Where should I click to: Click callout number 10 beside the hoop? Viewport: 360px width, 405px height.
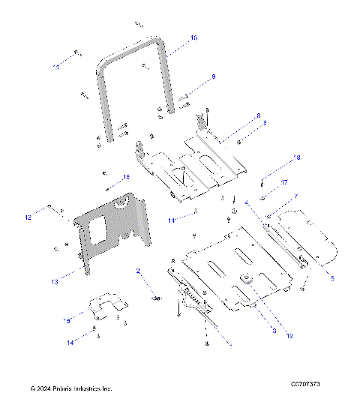point(193,37)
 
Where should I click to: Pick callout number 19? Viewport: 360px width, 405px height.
point(289,335)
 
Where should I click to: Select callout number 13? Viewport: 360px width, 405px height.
point(53,282)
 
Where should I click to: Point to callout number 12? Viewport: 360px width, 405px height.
point(28,217)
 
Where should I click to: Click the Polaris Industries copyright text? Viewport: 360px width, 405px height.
point(71,389)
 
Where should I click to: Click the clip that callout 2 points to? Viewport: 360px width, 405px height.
point(156,298)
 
